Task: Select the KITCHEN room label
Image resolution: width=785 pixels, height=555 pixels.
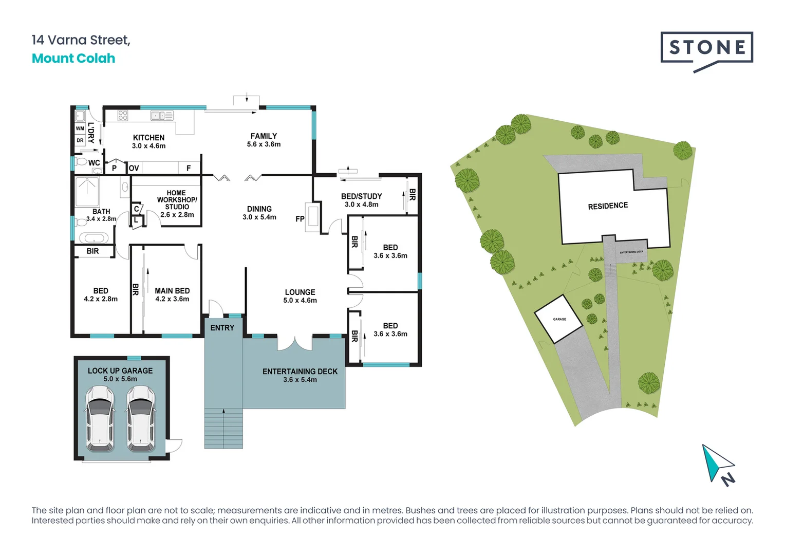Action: point(148,138)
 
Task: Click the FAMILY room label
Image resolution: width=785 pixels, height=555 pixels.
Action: point(264,136)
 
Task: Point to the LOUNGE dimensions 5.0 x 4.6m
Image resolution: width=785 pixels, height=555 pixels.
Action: point(300,301)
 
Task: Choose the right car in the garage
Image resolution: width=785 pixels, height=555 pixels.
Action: point(141,418)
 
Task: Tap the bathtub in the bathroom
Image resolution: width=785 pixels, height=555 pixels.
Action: point(94,238)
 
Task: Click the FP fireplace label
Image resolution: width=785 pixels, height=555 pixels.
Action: point(300,219)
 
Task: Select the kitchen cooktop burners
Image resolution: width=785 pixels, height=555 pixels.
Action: point(123,115)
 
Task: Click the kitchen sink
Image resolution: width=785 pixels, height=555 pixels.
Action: point(158,116)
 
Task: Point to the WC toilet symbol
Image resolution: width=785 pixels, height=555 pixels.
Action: point(81,161)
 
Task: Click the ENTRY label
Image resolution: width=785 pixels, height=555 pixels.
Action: point(222,328)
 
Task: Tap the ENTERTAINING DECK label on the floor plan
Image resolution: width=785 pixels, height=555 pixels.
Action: point(300,372)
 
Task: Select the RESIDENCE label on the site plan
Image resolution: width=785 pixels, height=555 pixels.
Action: point(608,206)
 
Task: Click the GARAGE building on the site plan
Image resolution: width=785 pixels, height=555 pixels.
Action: point(558,319)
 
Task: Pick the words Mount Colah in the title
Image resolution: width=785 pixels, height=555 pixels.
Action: point(73,59)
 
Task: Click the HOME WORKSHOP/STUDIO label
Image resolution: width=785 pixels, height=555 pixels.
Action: point(177,200)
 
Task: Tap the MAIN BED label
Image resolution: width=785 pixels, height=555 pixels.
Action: point(172,291)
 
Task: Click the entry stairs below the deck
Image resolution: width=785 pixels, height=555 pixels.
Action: point(223,429)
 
